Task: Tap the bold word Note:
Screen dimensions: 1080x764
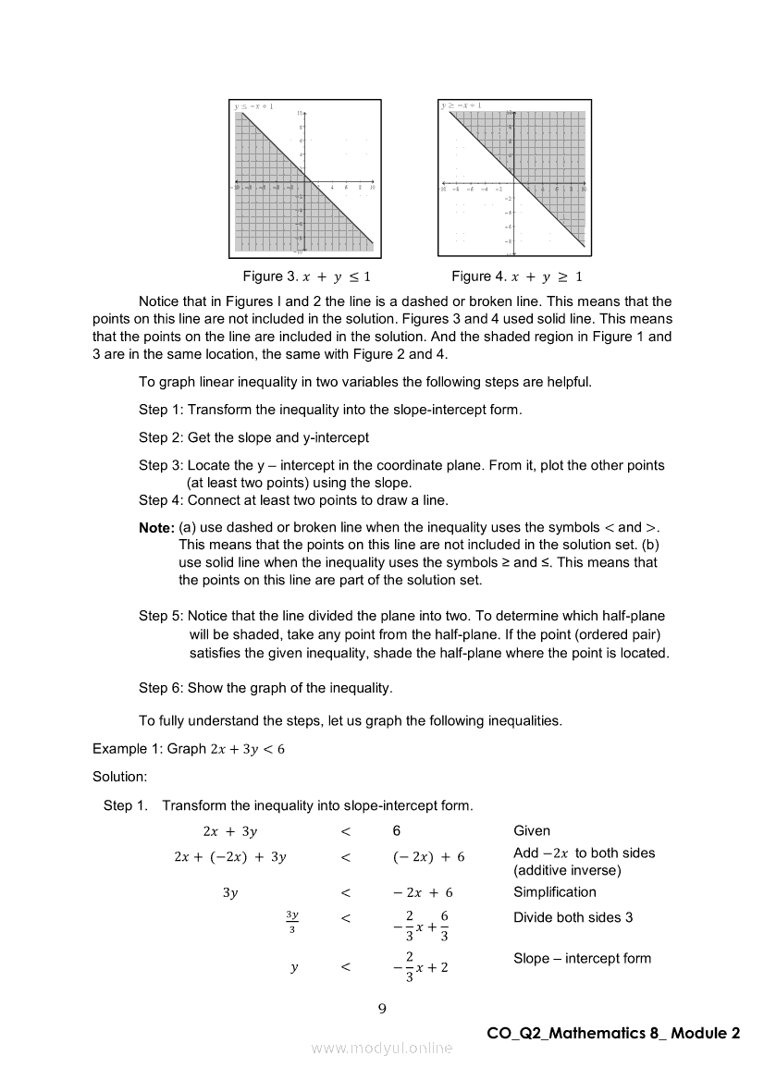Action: [x=156, y=527]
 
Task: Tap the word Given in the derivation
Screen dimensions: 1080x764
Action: [x=532, y=831]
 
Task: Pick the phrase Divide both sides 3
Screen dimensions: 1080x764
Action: [x=573, y=918]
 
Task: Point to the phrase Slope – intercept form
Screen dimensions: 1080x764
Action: [x=582, y=959]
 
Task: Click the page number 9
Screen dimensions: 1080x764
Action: [x=382, y=1008]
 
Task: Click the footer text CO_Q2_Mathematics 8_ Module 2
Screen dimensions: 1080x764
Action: [x=613, y=1034]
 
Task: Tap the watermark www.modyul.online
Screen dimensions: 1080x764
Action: [x=382, y=1049]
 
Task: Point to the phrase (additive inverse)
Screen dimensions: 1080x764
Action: [x=567, y=871]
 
